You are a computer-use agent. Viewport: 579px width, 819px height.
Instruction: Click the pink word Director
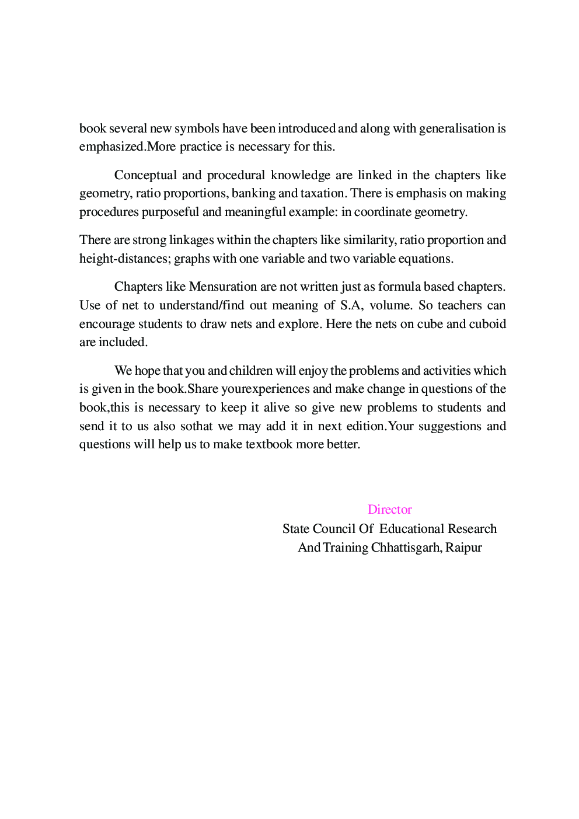389,510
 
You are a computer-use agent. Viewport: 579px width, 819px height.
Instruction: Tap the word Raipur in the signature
463,548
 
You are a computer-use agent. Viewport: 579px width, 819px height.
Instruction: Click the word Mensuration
223,287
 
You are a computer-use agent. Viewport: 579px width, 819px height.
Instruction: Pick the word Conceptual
145,175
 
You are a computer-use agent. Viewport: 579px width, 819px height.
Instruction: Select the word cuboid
487,324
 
